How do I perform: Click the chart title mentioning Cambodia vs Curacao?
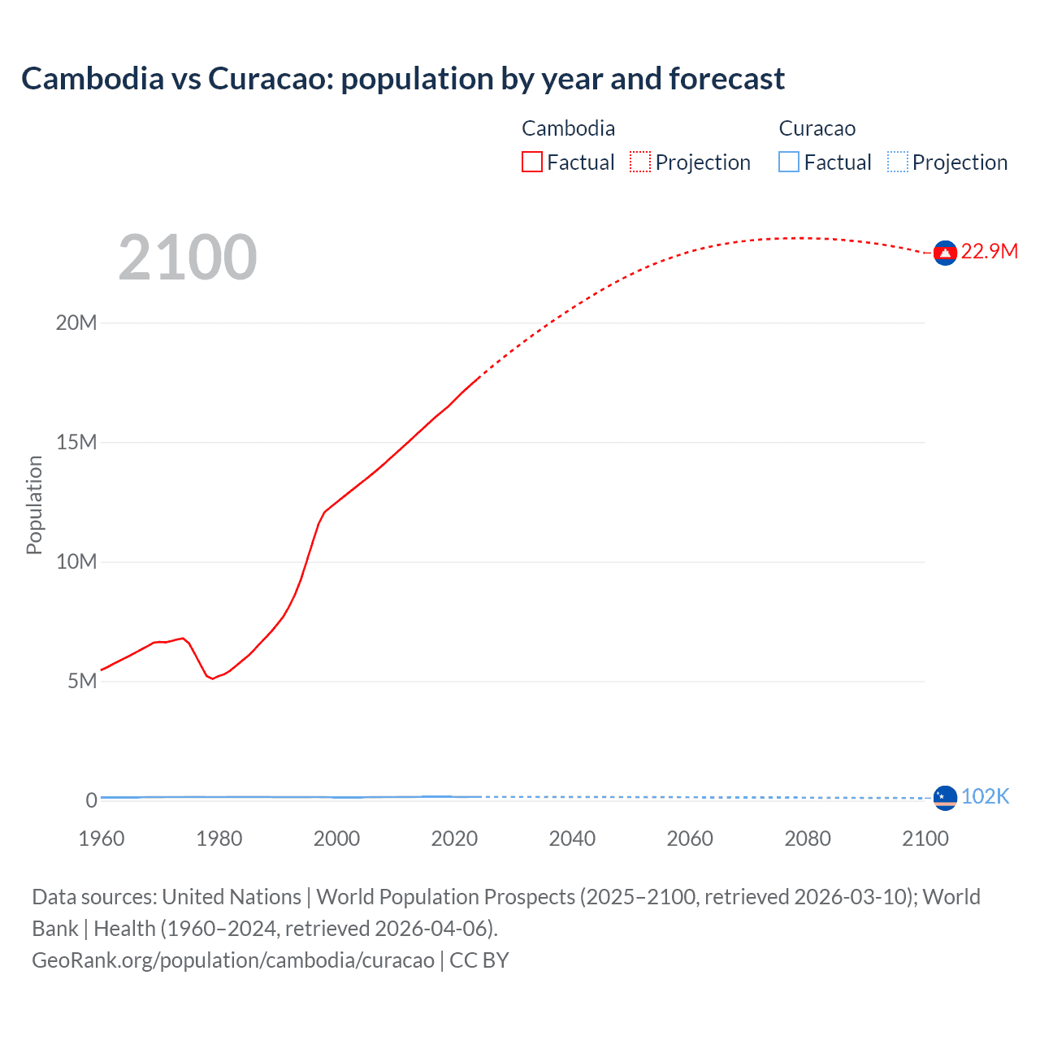403,79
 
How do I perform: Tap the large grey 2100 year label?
188,258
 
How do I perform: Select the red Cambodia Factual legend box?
531,162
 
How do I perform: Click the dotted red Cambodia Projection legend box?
640,162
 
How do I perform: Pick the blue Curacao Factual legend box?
788,162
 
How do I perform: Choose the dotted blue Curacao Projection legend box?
897,162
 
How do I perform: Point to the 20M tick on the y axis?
76,323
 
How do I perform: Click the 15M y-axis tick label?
76,442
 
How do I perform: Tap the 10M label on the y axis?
76,561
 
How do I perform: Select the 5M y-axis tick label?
82,681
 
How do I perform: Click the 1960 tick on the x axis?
102,838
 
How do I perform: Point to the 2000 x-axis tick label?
336,838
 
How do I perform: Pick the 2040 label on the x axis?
572,838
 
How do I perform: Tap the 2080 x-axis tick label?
808,838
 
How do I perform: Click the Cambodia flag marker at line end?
945,253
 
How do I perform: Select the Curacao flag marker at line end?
945,798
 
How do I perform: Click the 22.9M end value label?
989,251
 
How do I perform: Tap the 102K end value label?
985,796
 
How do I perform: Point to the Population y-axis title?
34,505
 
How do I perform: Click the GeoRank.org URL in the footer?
233,960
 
